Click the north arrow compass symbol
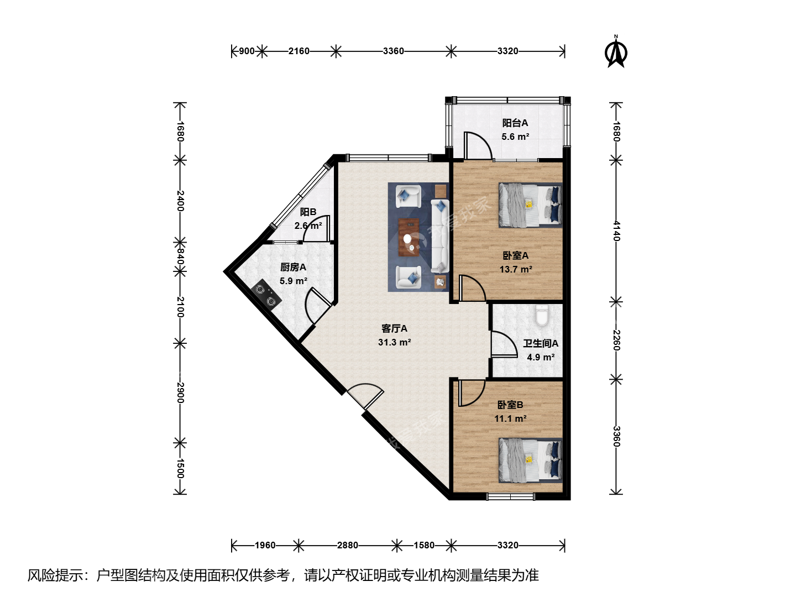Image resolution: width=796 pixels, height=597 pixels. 616,52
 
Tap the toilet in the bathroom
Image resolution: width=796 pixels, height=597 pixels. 541,315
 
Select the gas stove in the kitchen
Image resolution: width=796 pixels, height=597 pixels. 266,295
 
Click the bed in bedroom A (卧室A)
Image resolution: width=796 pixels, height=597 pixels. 530,205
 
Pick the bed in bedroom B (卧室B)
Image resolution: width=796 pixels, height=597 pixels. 530,460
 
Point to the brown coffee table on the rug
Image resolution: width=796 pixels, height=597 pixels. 409,238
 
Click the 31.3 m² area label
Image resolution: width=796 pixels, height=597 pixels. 394,342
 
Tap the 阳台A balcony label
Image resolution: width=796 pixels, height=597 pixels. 515,123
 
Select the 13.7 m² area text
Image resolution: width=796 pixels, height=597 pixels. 516,269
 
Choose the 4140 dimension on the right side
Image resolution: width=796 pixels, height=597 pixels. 616,231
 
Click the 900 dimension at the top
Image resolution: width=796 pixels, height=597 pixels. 247,51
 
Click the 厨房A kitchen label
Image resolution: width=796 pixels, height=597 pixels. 293,267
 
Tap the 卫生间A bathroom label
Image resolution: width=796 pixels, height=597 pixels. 540,343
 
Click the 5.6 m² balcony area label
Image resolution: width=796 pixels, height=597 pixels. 515,137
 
